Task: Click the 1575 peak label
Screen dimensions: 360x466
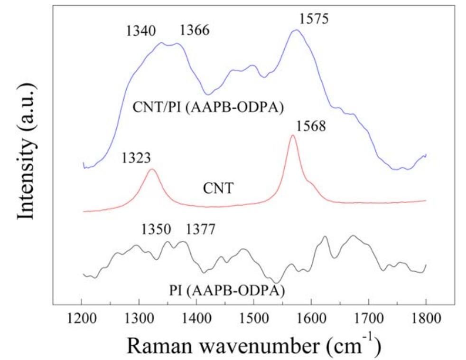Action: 314,19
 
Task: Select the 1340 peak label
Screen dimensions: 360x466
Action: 140,32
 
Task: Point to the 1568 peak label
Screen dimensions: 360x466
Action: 311,127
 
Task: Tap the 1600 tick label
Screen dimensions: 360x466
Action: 311,316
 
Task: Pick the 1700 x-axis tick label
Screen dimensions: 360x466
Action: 368,316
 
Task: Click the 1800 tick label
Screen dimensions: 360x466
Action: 426,316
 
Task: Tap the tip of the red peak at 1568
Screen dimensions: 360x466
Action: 292,135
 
